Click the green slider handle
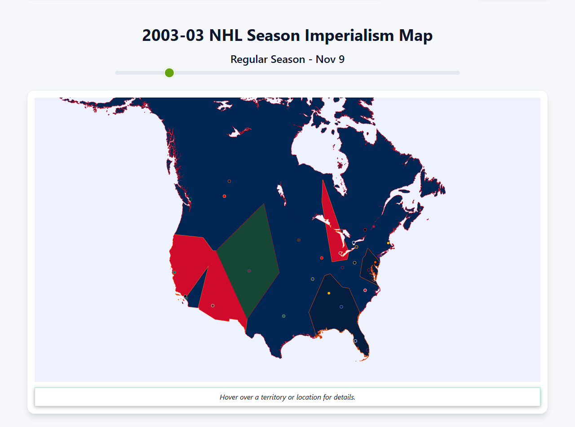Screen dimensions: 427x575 coord(169,73)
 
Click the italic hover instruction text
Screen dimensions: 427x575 coord(287,397)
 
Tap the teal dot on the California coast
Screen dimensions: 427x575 coord(174,272)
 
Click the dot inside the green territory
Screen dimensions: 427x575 coord(249,271)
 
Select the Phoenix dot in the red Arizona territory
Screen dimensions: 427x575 coord(212,306)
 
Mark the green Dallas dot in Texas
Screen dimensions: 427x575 coord(283,316)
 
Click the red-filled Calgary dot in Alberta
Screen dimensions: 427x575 coord(224,196)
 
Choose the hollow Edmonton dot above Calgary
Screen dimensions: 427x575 coord(229,181)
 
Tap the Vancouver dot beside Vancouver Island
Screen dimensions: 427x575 coord(190,199)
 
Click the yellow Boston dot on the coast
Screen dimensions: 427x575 coord(388,243)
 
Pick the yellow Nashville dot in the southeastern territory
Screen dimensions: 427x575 coord(329,293)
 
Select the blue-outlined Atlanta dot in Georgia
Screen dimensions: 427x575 coord(341,307)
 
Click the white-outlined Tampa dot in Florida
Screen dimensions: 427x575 coord(355,341)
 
